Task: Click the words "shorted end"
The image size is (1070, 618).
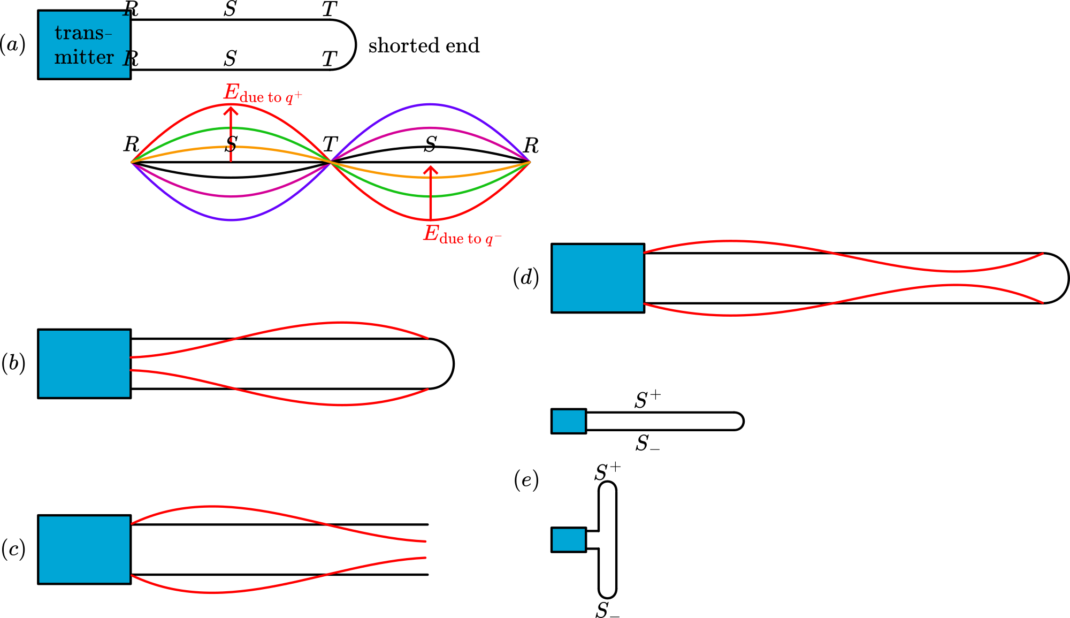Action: pyautogui.click(x=424, y=46)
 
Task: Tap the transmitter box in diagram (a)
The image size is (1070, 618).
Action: pyautogui.click(x=85, y=45)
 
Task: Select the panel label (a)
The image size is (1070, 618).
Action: pyautogui.click(x=12, y=44)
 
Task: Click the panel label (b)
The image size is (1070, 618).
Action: pyautogui.click(x=13, y=363)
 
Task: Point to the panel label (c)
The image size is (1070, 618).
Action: pyautogui.click(x=13, y=550)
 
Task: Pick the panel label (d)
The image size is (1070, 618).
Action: pyautogui.click(x=525, y=278)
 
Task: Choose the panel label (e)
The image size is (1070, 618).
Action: pyautogui.click(x=526, y=480)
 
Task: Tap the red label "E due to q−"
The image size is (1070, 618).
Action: pyautogui.click(x=462, y=235)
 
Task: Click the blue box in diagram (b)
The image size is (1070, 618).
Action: pyautogui.click(x=85, y=364)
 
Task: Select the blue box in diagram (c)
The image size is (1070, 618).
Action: pyautogui.click(x=85, y=550)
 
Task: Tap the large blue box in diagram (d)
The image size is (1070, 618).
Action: pyautogui.click(x=598, y=278)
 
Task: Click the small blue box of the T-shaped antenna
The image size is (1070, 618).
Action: pyautogui.click(x=569, y=540)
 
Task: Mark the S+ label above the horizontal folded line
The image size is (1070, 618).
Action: pyautogui.click(x=647, y=400)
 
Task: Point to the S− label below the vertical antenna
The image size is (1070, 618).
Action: pyautogui.click(x=607, y=611)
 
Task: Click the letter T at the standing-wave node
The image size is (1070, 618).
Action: pyautogui.click(x=330, y=144)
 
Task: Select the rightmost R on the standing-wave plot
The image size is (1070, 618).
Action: pyautogui.click(x=531, y=146)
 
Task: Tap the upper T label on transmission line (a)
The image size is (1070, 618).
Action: pyautogui.click(x=330, y=9)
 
